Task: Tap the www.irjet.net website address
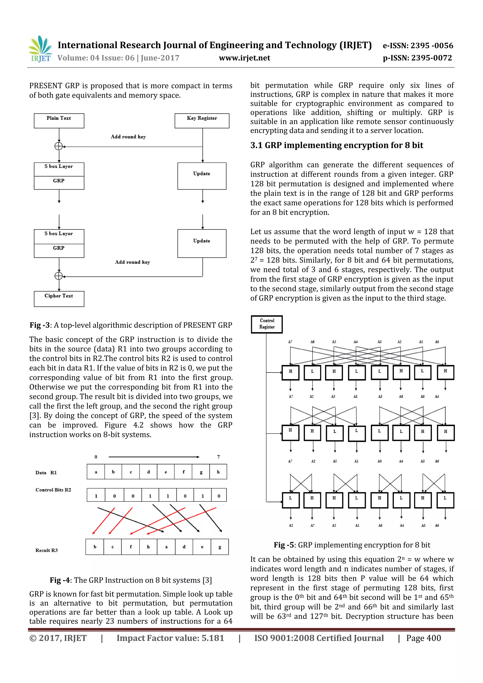[x=244, y=58]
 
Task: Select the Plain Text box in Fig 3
[x=59, y=120]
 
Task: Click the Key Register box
[x=202, y=120]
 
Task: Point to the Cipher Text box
[x=59, y=298]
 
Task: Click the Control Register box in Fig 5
[x=267, y=324]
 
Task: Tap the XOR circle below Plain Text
[x=59, y=146]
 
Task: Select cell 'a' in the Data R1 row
[x=96, y=472]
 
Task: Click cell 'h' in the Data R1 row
[x=218, y=472]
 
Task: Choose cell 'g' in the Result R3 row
[x=220, y=547]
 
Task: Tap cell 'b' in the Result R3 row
[x=95, y=547]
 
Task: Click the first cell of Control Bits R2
[x=96, y=496]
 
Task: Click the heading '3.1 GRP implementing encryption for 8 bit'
[x=336, y=145]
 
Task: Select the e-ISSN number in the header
[x=418, y=46]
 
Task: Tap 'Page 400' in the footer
[x=424, y=638]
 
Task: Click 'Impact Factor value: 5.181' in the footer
[x=170, y=638]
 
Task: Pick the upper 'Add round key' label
[x=128, y=137]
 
